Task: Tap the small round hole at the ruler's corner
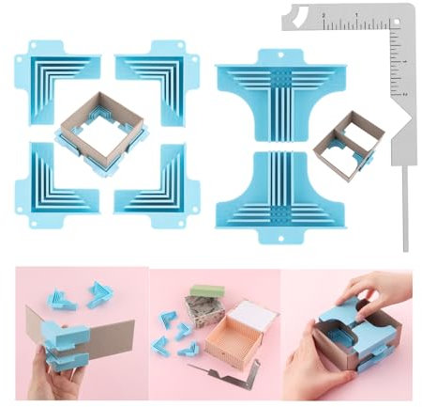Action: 398,12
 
